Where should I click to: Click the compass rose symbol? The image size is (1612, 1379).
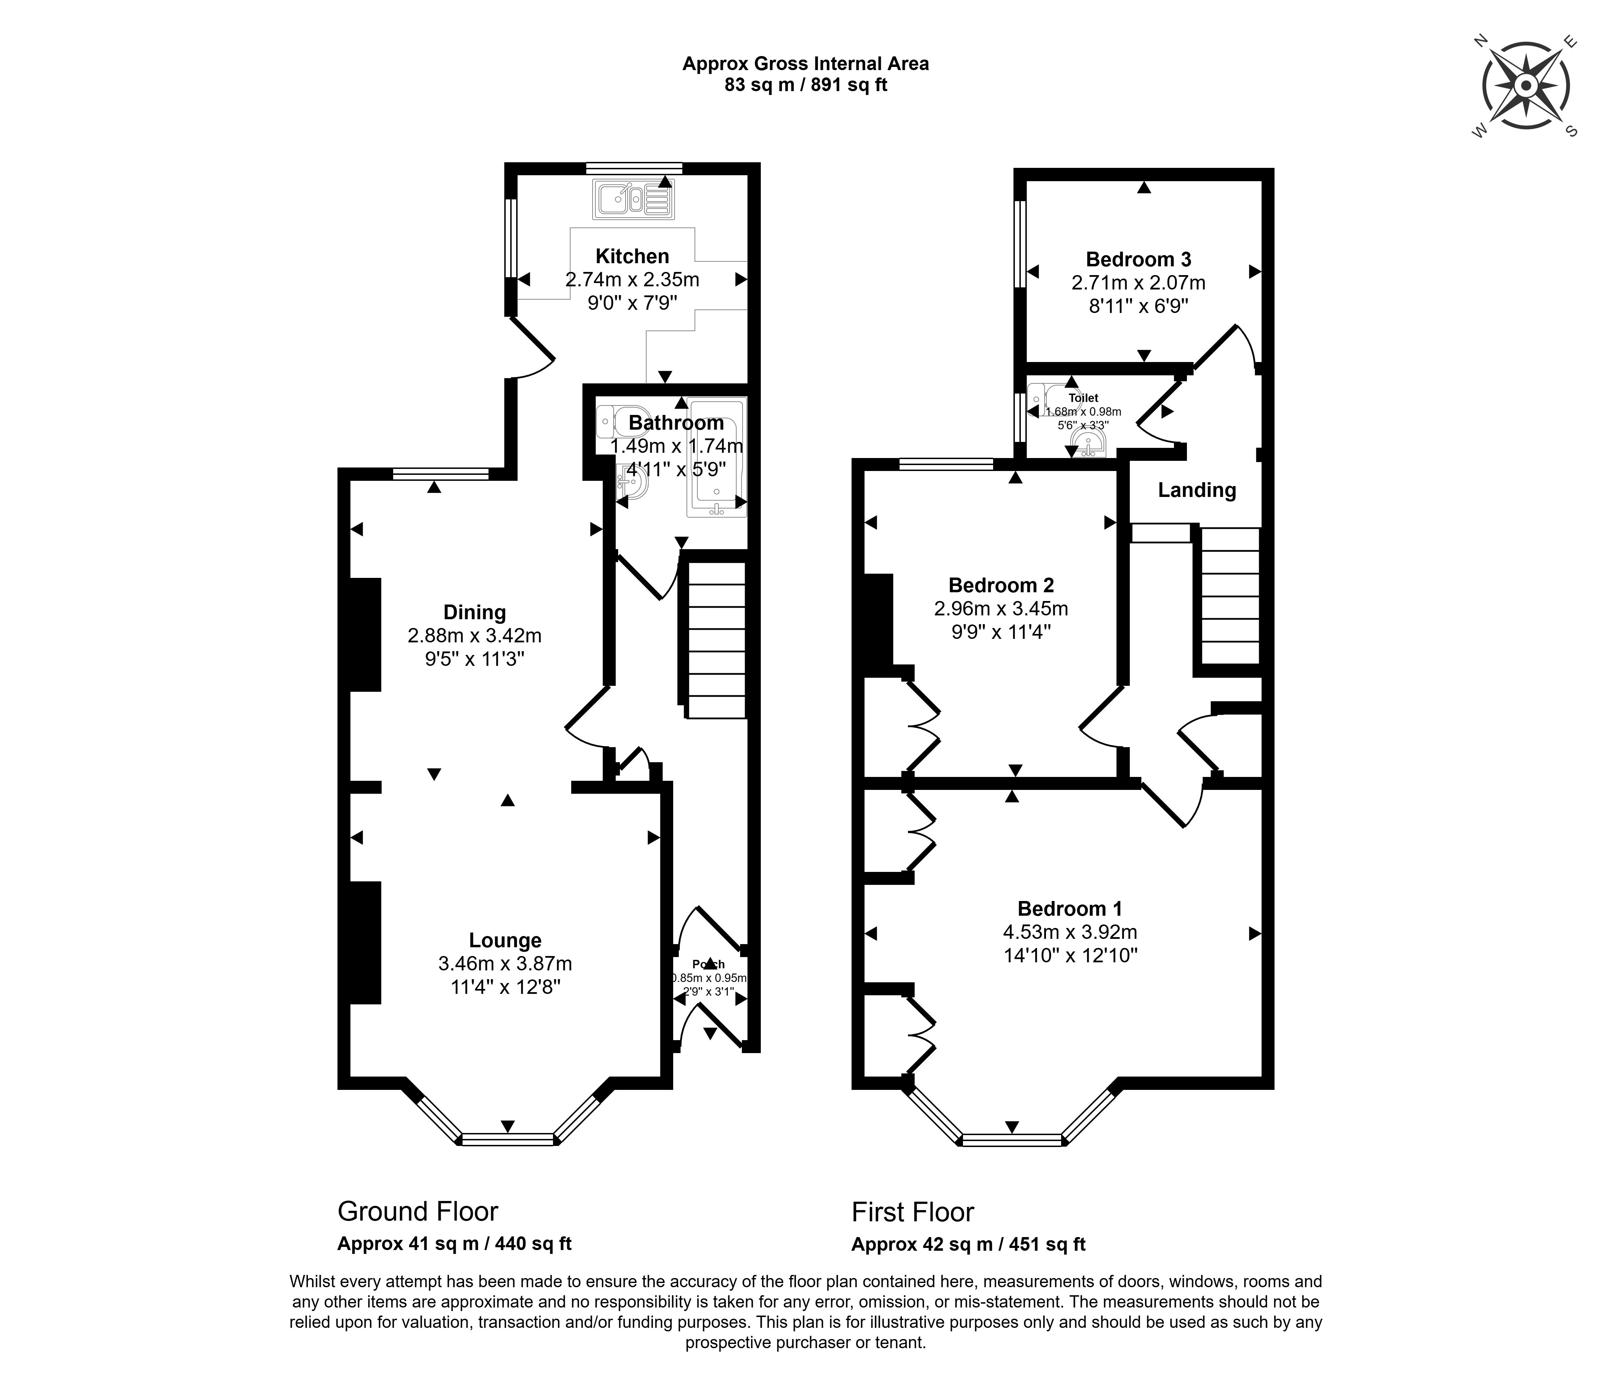click(x=1526, y=86)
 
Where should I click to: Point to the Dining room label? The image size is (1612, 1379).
click(x=474, y=613)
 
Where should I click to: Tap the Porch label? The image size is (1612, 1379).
click(x=708, y=964)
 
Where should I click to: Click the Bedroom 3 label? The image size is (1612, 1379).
click(x=1138, y=259)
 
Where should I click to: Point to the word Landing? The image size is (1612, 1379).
click(x=1196, y=490)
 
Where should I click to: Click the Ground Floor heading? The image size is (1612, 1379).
click(x=418, y=1212)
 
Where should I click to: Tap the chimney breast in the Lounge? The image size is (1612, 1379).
click(x=364, y=942)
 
